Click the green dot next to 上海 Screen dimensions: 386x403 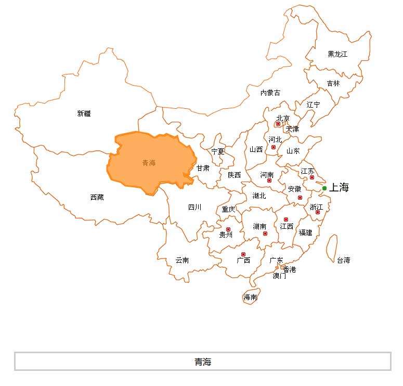pyautogui.click(x=324, y=188)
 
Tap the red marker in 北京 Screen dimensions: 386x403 pyautogui.click(x=278, y=124)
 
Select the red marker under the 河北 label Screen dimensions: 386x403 pyautogui.click(x=274, y=147)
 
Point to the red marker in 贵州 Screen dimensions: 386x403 pyautogui.click(x=228, y=229)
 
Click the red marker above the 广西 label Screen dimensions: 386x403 pyautogui.click(x=243, y=254)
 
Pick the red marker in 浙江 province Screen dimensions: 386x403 pyautogui.click(x=318, y=212)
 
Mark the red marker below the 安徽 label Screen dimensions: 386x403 pyautogui.click(x=300, y=198)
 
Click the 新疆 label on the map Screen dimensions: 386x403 pyautogui.click(x=84, y=113)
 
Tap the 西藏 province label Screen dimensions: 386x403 pyautogui.click(x=97, y=197)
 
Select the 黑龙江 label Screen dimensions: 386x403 pyautogui.click(x=337, y=54)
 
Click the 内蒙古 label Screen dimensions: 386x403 pyautogui.click(x=270, y=93)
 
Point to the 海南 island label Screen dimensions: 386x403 pyautogui.click(x=250, y=298)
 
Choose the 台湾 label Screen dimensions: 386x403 pyautogui.click(x=343, y=260)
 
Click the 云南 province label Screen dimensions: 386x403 pyautogui.click(x=182, y=260)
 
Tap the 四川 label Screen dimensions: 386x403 pyautogui.click(x=194, y=207)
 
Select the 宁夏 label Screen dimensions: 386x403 pyautogui.click(x=218, y=151)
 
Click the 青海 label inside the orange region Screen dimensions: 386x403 pyautogui.click(x=149, y=163)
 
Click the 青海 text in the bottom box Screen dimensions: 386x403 pyautogui.click(x=203, y=362)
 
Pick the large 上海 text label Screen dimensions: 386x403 pyautogui.click(x=339, y=188)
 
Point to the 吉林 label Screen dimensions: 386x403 pyautogui.click(x=333, y=83)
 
